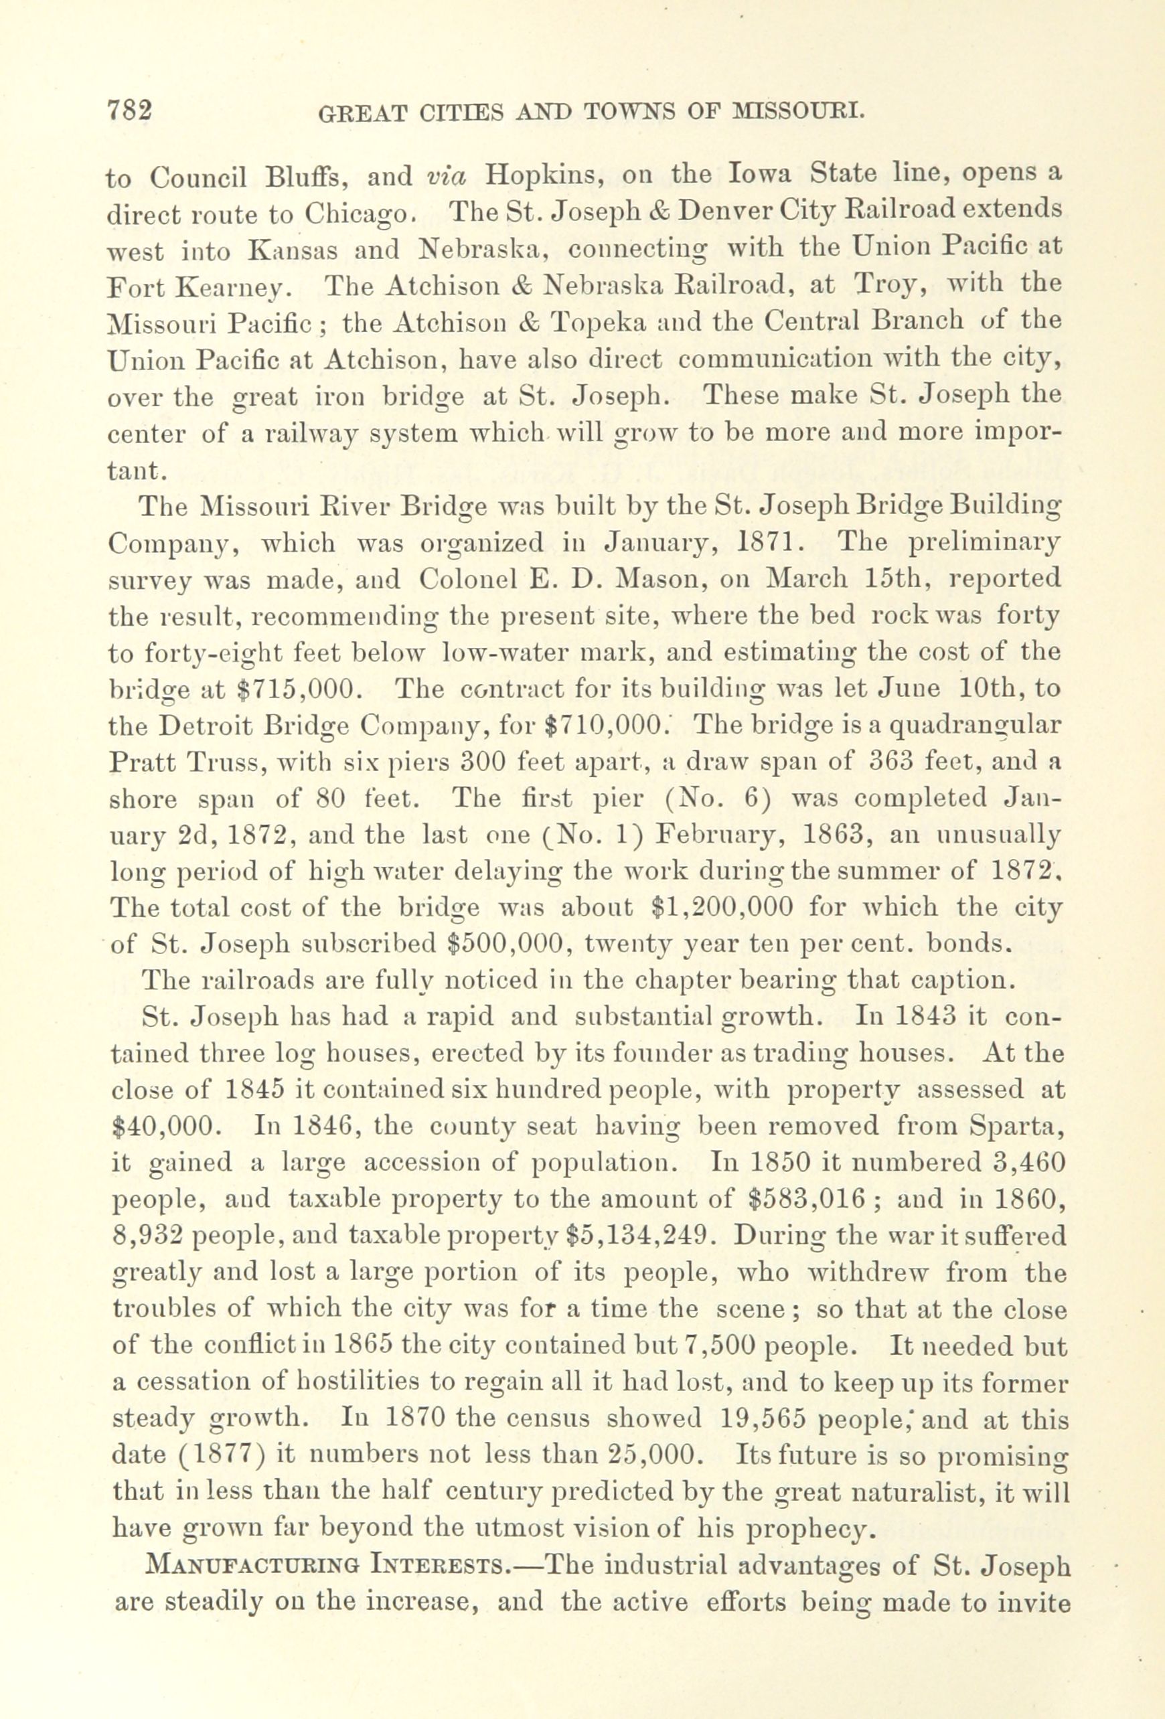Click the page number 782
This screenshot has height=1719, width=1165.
click(130, 112)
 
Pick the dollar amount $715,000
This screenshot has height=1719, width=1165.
click(299, 689)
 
